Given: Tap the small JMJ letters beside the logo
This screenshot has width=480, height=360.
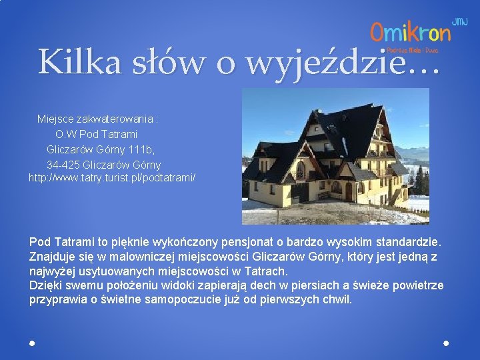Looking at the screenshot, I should pos(460,22).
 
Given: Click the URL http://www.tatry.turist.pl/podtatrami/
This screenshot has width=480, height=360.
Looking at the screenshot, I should pos(112,178).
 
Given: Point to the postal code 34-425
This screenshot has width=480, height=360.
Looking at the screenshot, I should pos(63,164).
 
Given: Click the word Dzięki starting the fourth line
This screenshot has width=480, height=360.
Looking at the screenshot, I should pos(45,285).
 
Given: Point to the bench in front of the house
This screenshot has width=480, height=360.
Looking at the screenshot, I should pos(324,196).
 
